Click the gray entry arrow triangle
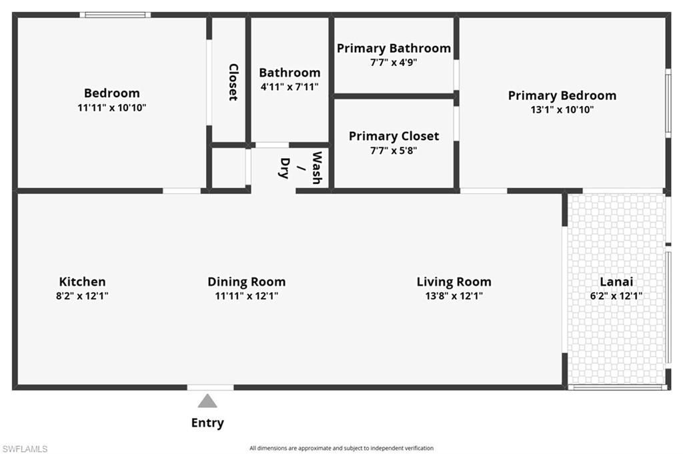click(x=207, y=401)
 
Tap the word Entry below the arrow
click(x=207, y=423)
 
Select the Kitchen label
click(x=82, y=282)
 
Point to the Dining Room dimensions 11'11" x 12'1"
click(x=246, y=296)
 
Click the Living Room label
click(x=454, y=282)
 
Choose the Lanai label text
click(x=616, y=282)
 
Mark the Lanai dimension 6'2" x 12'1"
click(x=616, y=296)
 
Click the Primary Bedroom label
click(x=562, y=95)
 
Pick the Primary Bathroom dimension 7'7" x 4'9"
click(x=394, y=62)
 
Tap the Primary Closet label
click(x=394, y=136)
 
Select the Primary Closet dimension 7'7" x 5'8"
click(x=394, y=151)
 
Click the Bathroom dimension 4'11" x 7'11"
click(x=289, y=87)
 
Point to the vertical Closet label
click(x=233, y=81)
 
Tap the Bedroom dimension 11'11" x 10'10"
click(x=111, y=107)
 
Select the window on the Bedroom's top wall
click(x=115, y=15)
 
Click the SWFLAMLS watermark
click(x=25, y=449)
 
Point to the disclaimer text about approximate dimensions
click(x=341, y=448)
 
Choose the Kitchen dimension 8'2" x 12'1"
click(x=82, y=296)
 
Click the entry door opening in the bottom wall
click(x=210, y=387)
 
